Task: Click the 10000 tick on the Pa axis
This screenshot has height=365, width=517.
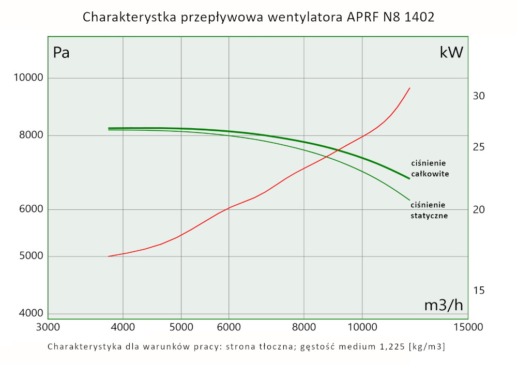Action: click(28, 78)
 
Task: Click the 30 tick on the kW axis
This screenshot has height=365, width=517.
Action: click(478, 96)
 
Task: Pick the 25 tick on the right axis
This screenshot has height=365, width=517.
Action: click(478, 147)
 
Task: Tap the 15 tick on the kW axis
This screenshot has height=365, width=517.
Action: click(478, 291)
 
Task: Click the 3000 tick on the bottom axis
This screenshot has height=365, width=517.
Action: click(48, 327)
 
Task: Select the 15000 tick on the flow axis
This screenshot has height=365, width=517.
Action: click(468, 327)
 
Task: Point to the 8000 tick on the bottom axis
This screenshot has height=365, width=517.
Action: click(303, 327)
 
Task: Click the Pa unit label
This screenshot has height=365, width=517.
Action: click(61, 53)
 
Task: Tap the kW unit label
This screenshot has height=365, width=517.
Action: click(451, 52)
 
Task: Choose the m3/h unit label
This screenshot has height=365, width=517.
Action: click(444, 305)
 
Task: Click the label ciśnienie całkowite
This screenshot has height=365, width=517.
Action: click(429, 169)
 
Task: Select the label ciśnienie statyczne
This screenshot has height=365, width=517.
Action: click(428, 210)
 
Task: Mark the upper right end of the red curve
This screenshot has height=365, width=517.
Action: click(409, 88)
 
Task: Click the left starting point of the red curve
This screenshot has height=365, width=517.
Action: click(109, 256)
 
